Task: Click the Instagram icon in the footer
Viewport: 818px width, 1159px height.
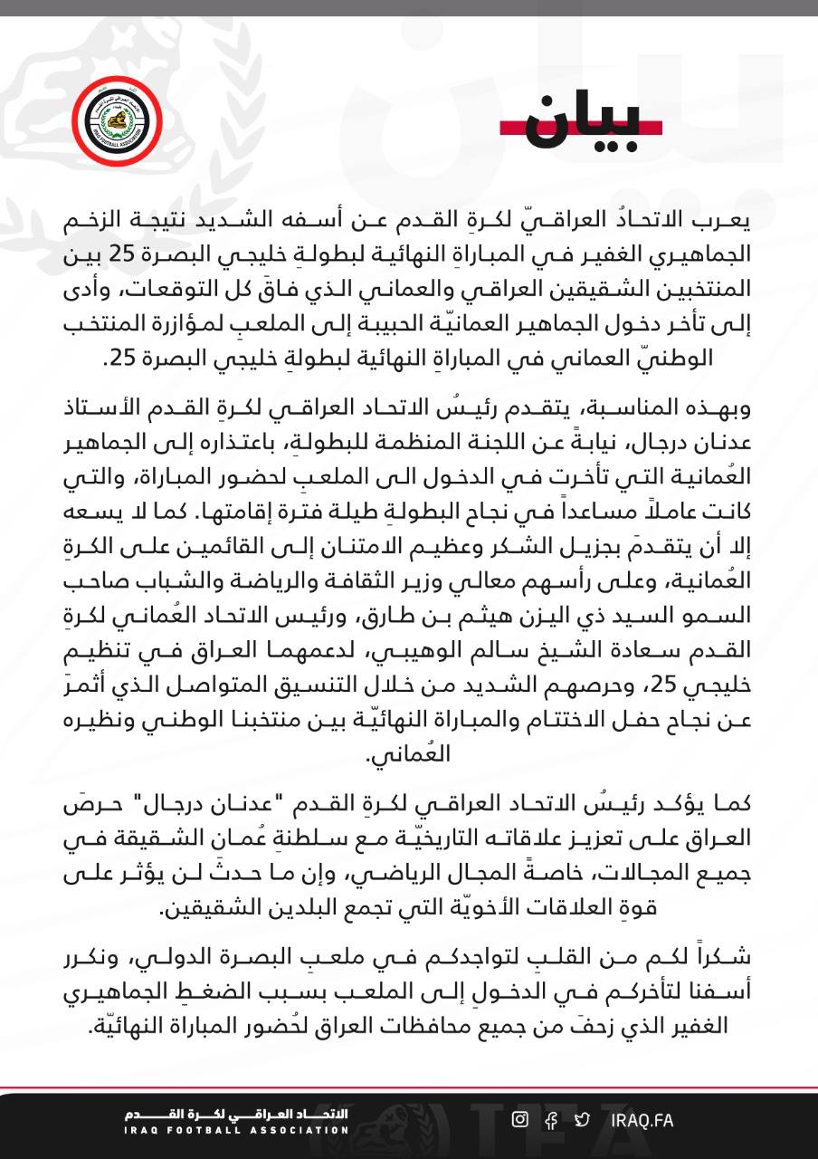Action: click(519, 1119)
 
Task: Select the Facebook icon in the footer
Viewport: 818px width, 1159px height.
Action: click(551, 1120)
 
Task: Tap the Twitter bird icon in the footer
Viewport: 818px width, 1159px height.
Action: click(583, 1120)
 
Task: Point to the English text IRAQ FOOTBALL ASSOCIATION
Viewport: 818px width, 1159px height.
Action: click(236, 1130)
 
